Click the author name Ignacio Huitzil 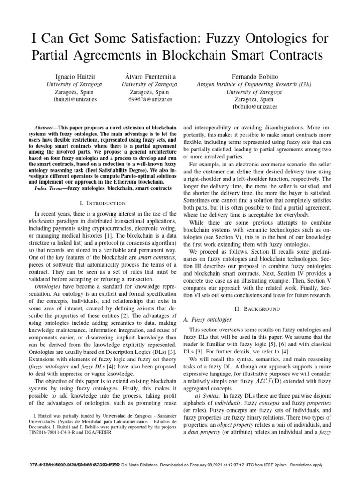[75, 75]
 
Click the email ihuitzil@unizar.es [75, 99]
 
